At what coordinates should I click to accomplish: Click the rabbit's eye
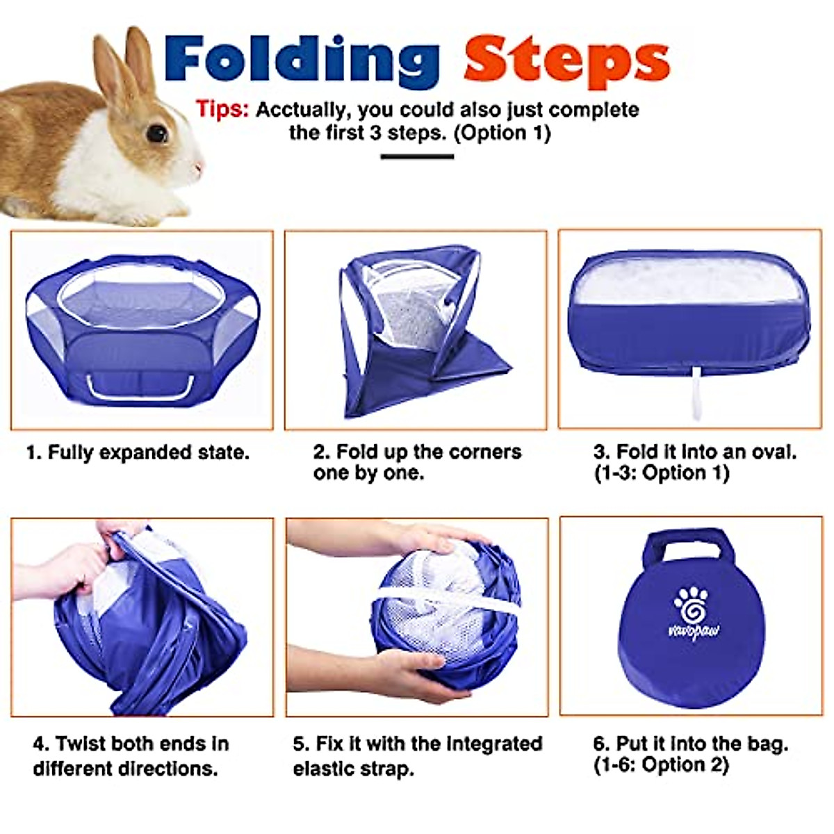click(157, 133)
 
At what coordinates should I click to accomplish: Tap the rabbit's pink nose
click(199, 167)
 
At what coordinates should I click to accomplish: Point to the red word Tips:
click(222, 110)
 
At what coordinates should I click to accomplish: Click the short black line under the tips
click(417, 156)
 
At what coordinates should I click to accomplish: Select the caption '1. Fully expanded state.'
click(138, 452)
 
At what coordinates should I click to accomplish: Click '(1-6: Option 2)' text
click(661, 765)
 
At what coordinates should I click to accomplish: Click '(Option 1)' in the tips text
click(502, 132)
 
